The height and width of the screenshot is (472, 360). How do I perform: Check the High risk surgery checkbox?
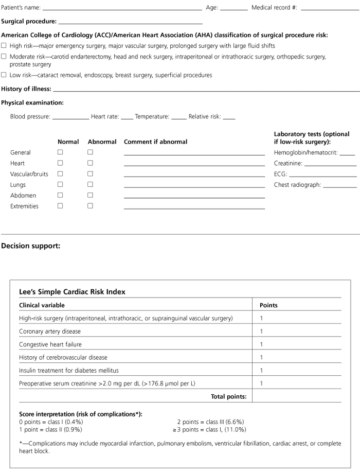(x=4, y=46)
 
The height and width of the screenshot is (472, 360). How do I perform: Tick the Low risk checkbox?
(x=4, y=75)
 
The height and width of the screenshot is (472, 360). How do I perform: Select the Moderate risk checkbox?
(x=4, y=57)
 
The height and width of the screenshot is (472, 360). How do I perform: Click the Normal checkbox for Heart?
(x=60, y=163)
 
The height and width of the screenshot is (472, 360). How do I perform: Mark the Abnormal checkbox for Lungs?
(x=90, y=185)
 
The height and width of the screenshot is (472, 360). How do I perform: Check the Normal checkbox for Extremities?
(x=60, y=206)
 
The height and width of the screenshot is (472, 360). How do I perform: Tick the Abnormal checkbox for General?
(x=90, y=152)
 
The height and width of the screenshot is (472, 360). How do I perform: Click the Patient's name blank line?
(x=122, y=9)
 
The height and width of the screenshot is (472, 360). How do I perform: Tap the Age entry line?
(x=233, y=9)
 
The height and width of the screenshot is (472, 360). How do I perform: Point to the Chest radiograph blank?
(x=339, y=186)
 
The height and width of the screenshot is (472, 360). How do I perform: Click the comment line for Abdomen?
(x=194, y=197)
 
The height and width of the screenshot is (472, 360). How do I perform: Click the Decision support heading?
(x=30, y=246)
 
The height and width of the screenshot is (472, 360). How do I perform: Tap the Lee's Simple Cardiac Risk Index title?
(x=72, y=292)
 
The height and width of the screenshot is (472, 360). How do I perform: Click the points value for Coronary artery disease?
(x=261, y=331)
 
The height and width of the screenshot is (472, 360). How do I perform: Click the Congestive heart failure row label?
(x=50, y=344)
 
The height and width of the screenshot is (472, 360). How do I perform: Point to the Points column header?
(x=268, y=305)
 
